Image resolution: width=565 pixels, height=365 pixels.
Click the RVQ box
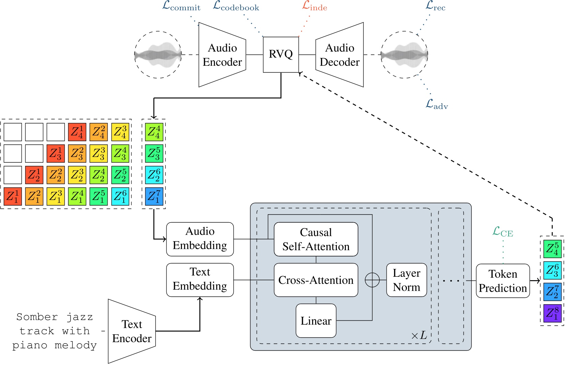tap(281, 55)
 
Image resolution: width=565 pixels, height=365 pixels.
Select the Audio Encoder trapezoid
tap(222, 55)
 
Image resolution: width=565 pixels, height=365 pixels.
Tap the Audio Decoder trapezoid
tap(339, 55)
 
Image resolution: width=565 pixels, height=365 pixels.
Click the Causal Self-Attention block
tap(316, 239)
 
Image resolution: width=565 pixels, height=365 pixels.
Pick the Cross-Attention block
tap(316, 280)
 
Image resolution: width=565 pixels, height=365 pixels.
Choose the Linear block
tap(316, 321)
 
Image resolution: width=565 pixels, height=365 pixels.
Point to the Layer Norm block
tap(407, 280)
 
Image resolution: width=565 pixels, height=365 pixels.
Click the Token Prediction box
tap(503, 281)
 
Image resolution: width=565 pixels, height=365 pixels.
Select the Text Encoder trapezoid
tap(132, 331)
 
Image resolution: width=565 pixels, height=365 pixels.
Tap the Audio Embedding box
tap(200, 239)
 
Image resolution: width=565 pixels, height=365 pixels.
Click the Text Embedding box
tap(200, 279)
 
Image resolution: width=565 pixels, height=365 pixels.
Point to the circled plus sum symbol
tap(372, 280)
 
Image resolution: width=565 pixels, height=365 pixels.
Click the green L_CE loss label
tap(503, 232)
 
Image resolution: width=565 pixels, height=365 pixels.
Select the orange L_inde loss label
tap(315, 6)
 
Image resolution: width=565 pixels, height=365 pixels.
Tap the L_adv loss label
tap(437, 104)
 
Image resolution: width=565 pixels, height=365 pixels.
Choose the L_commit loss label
tap(181, 6)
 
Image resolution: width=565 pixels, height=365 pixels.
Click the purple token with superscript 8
tap(552, 313)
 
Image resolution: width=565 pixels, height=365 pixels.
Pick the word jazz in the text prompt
tap(79, 317)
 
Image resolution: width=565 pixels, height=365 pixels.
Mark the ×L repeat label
tap(419, 335)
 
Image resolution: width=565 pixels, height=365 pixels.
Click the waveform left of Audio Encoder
tap(158, 55)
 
